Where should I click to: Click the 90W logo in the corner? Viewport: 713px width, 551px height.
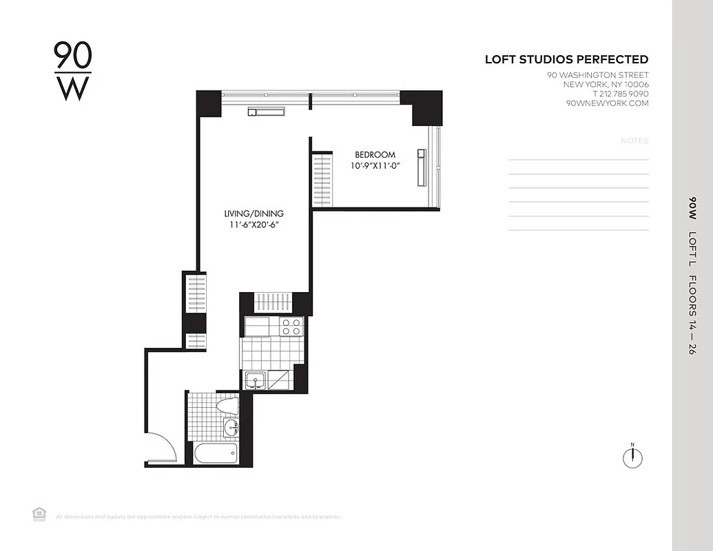[72, 71]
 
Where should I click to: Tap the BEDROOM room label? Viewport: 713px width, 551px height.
[375, 155]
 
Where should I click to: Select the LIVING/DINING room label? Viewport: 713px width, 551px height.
[254, 214]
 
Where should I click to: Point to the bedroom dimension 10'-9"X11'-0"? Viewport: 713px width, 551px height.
[375, 166]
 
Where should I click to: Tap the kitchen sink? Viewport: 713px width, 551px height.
[256, 380]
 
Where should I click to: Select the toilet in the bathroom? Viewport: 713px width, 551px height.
[227, 406]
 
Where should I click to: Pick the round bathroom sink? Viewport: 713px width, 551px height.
[230, 428]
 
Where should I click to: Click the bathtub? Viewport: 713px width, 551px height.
[215, 453]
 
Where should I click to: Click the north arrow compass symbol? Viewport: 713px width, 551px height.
[632, 457]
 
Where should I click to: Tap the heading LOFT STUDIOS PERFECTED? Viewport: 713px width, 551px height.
[566, 60]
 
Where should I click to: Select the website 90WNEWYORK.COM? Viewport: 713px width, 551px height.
[607, 103]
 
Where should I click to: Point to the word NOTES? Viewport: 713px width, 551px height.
[634, 141]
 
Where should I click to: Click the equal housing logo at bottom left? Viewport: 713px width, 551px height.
[39, 513]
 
